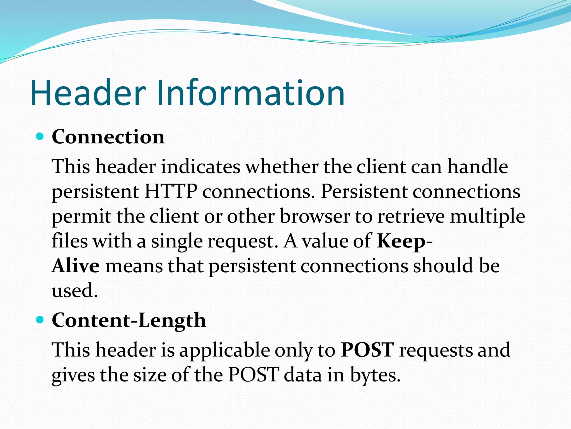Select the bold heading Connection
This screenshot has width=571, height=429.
108,137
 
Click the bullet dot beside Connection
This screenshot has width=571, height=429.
40,137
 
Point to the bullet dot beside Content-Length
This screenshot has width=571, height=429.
40,320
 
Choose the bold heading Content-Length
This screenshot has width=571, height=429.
129,321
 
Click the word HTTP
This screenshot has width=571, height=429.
171,192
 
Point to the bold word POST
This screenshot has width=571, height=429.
367,350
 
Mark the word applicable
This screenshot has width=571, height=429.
225,351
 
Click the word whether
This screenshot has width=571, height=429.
282,167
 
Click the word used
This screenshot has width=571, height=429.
75,290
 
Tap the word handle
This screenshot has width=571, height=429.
478,167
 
